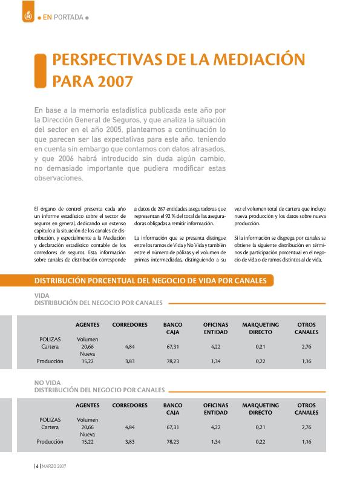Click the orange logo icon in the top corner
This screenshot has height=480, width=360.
click(x=27, y=17)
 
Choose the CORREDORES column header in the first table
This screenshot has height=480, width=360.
click(x=129, y=325)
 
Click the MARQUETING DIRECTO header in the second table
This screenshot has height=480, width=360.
click(x=260, y=409)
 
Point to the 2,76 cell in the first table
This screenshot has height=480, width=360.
click(x=306, y=347)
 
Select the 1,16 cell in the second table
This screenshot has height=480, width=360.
click(x=306, y=442)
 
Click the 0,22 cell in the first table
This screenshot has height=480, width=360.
click(x=261, y=361)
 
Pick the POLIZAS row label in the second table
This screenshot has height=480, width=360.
click(x=50, y=419)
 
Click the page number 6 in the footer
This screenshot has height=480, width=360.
click(x=37, y=467)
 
